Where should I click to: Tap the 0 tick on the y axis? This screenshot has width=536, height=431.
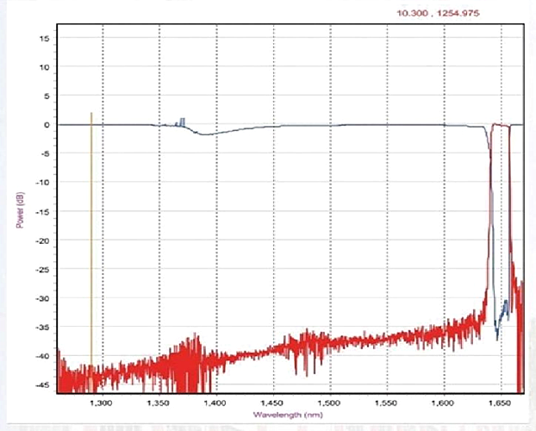coord(48,124)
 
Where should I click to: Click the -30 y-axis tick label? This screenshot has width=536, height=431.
coord(44,298)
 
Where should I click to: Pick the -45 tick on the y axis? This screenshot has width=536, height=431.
coord(44,384)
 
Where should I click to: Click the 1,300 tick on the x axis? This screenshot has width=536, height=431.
coord(102,402)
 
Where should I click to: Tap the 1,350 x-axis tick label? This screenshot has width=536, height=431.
coord(159,402)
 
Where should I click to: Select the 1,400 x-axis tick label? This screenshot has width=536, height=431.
coord(215,402)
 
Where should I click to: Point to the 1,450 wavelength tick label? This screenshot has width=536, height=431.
coord(272,402)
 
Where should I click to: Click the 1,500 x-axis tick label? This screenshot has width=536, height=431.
coord(329,402)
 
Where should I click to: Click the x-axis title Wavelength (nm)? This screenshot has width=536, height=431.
coord(288,415)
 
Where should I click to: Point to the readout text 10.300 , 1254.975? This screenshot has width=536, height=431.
coord(438,13)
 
